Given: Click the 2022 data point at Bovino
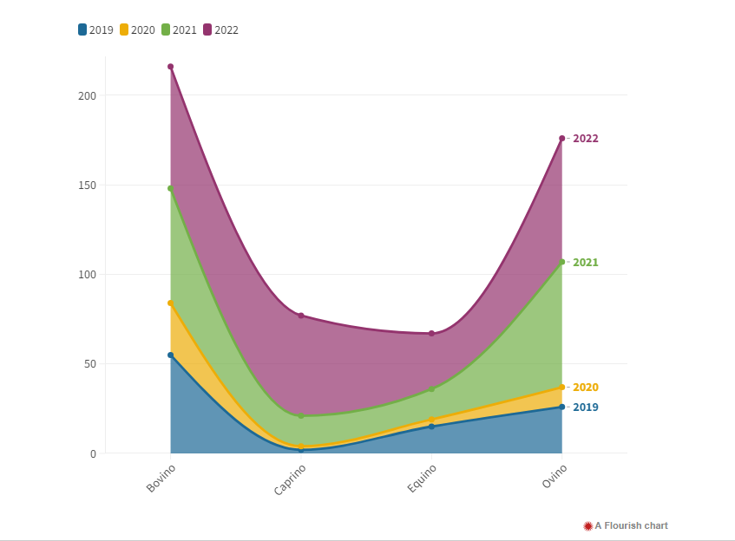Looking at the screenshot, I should pyautogui.click(x=171, y=67).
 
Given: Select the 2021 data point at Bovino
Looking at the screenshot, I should pyautogui.click(x=171, y=188).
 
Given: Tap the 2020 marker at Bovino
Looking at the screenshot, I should pyautogui.click(x=171, y=303).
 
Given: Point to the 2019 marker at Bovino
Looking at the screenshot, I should pyautogui.click(x=171, y=355).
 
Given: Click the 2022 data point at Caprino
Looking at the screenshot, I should pyautogui.click(x=301, y=316).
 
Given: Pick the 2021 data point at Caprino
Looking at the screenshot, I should pyautogui.click(x=301, y=416).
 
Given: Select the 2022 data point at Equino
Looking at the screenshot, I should pyautogui.click(x=431, y=334).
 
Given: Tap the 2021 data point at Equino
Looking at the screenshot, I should pyautogui.click(x=431, y=389).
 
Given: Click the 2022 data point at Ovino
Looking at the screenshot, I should pyautogui.click(x=562, y=139).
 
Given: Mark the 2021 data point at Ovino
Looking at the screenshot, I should pyautogui.click(x=562, y=262).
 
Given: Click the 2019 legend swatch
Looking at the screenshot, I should pyautogui.click(x=82, y=29).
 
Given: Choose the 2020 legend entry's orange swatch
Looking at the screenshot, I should pyautogui.click(x=124, y=29).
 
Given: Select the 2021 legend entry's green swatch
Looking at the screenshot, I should pyautogui.click(x=166, y=29).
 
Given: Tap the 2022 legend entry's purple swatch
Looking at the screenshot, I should pyautogui.click(x=208, y=29).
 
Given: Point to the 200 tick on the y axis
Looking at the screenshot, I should pyautogui.click(x=86, y=95).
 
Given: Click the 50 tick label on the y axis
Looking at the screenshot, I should pyautogui.click(x=89, y=364).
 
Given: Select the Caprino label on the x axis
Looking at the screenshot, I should pyautogui.click(x=290, y=479).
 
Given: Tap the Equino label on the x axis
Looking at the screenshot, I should pyautogui.click(x=422, y=479).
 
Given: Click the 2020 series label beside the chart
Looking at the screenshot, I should pyautogui.click(x=586, y=388).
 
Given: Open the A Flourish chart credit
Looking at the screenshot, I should pyautogui.click(x=626, y=525).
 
